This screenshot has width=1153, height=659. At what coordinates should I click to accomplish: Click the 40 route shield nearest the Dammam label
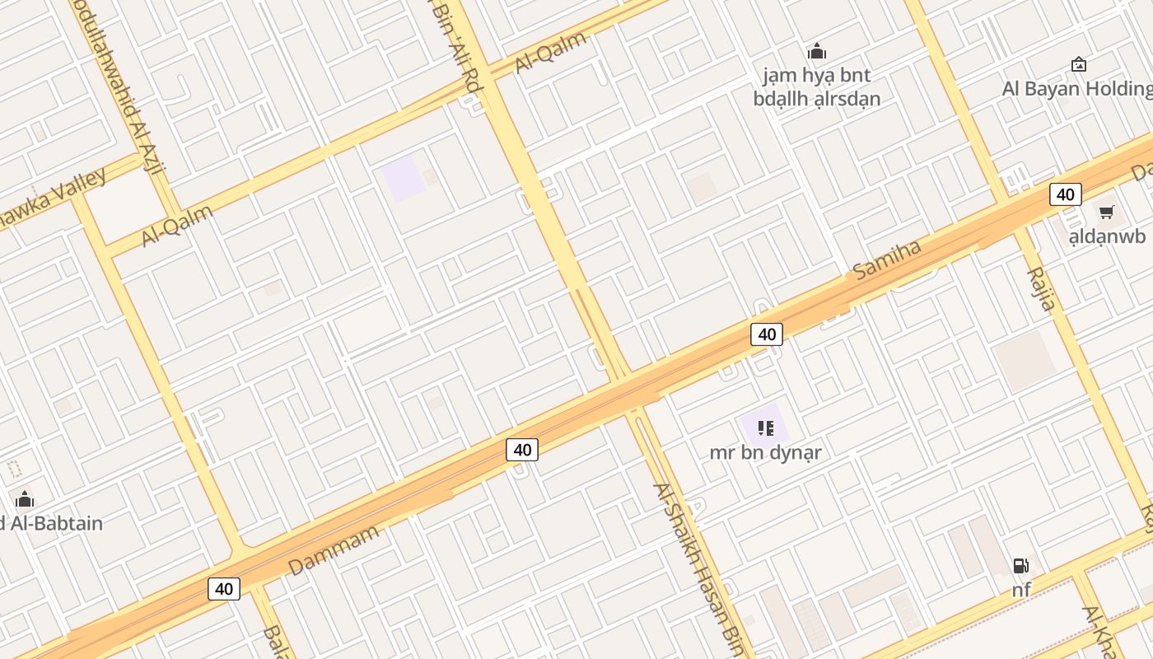(224, 589)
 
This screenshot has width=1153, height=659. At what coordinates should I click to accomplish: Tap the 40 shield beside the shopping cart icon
(1065, 194)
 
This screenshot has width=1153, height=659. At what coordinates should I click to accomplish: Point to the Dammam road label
(334, 549)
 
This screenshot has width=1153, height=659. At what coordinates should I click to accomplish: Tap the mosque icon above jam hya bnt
(817, 52)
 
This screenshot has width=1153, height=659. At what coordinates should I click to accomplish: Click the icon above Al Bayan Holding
(1078, 64)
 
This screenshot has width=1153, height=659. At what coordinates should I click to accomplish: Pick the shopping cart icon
(1106, 213)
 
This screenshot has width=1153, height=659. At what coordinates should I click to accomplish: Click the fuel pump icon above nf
(1021, 566)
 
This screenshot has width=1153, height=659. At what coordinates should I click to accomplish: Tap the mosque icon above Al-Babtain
(25, 499)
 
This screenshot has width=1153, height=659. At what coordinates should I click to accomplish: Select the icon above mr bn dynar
(766, 428)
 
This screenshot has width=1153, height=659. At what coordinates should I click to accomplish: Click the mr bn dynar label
(765, 452)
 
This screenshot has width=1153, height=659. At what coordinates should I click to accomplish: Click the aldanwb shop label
(1106, 237)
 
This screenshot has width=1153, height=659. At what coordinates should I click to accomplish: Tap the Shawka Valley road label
(54, 199)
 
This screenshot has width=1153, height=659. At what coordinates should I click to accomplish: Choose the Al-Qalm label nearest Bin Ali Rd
(550, 52)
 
